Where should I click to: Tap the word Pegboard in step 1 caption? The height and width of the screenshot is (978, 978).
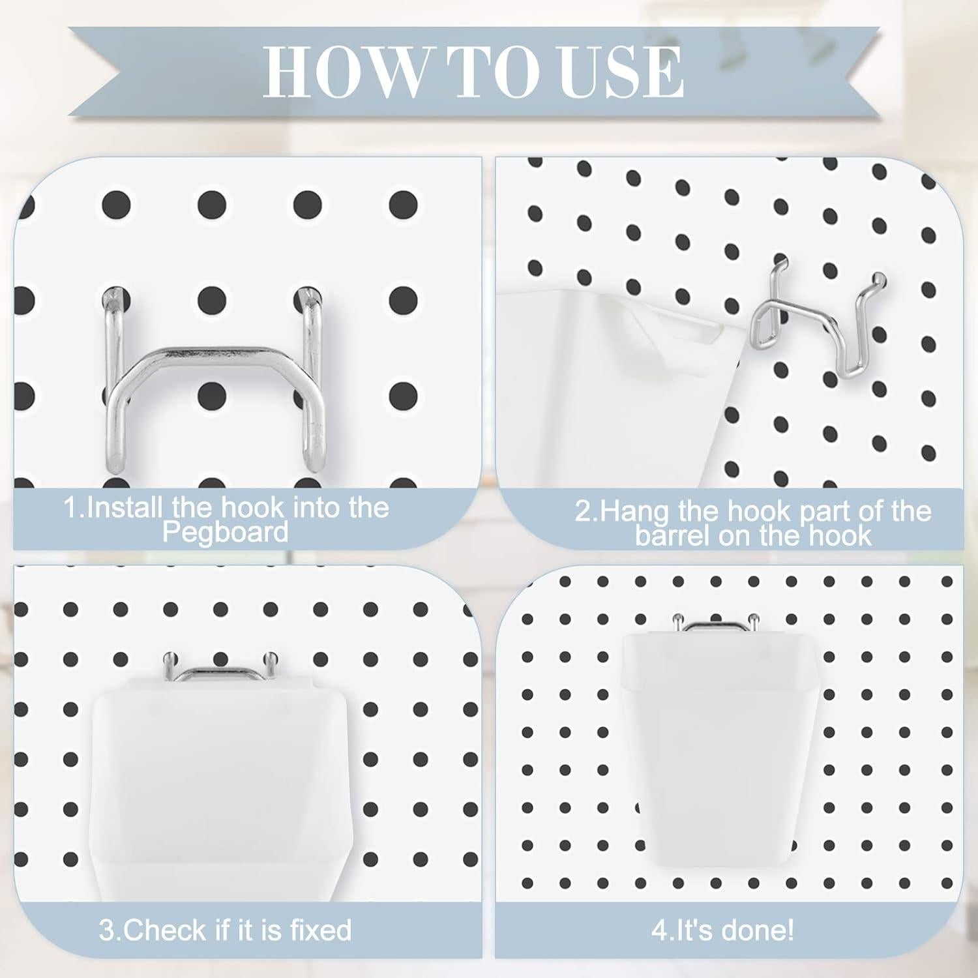click(x=225, y=533)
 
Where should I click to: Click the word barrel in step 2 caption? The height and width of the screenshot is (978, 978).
click(x=673, y=537)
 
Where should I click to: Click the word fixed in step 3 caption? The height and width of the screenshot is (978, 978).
click(x=319, y=930)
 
